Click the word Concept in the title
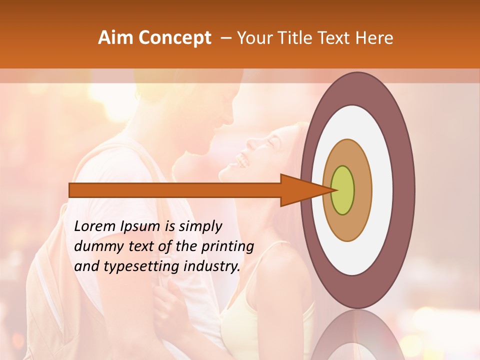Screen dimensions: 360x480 [174, 38]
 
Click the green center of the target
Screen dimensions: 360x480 [343, 190]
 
